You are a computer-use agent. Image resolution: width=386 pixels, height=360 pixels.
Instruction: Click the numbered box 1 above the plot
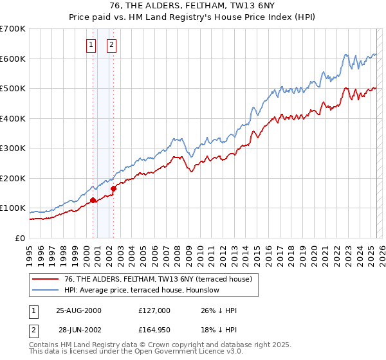point(91,45)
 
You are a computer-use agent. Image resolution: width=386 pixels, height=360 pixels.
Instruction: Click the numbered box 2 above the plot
point(111,45)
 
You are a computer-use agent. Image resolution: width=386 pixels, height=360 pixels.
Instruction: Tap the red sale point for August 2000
point(93,200)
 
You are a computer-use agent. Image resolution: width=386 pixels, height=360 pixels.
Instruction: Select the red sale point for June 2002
point(114,188)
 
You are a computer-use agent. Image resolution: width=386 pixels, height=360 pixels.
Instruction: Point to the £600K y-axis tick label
point(13,59)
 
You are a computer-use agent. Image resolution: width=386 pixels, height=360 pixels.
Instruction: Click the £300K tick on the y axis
point(13,148)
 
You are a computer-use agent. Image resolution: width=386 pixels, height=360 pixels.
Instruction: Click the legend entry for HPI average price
point(142,290)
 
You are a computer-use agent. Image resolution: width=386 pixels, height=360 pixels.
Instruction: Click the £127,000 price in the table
point(154,310)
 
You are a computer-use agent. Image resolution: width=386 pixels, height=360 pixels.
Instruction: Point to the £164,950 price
point(154,329)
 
